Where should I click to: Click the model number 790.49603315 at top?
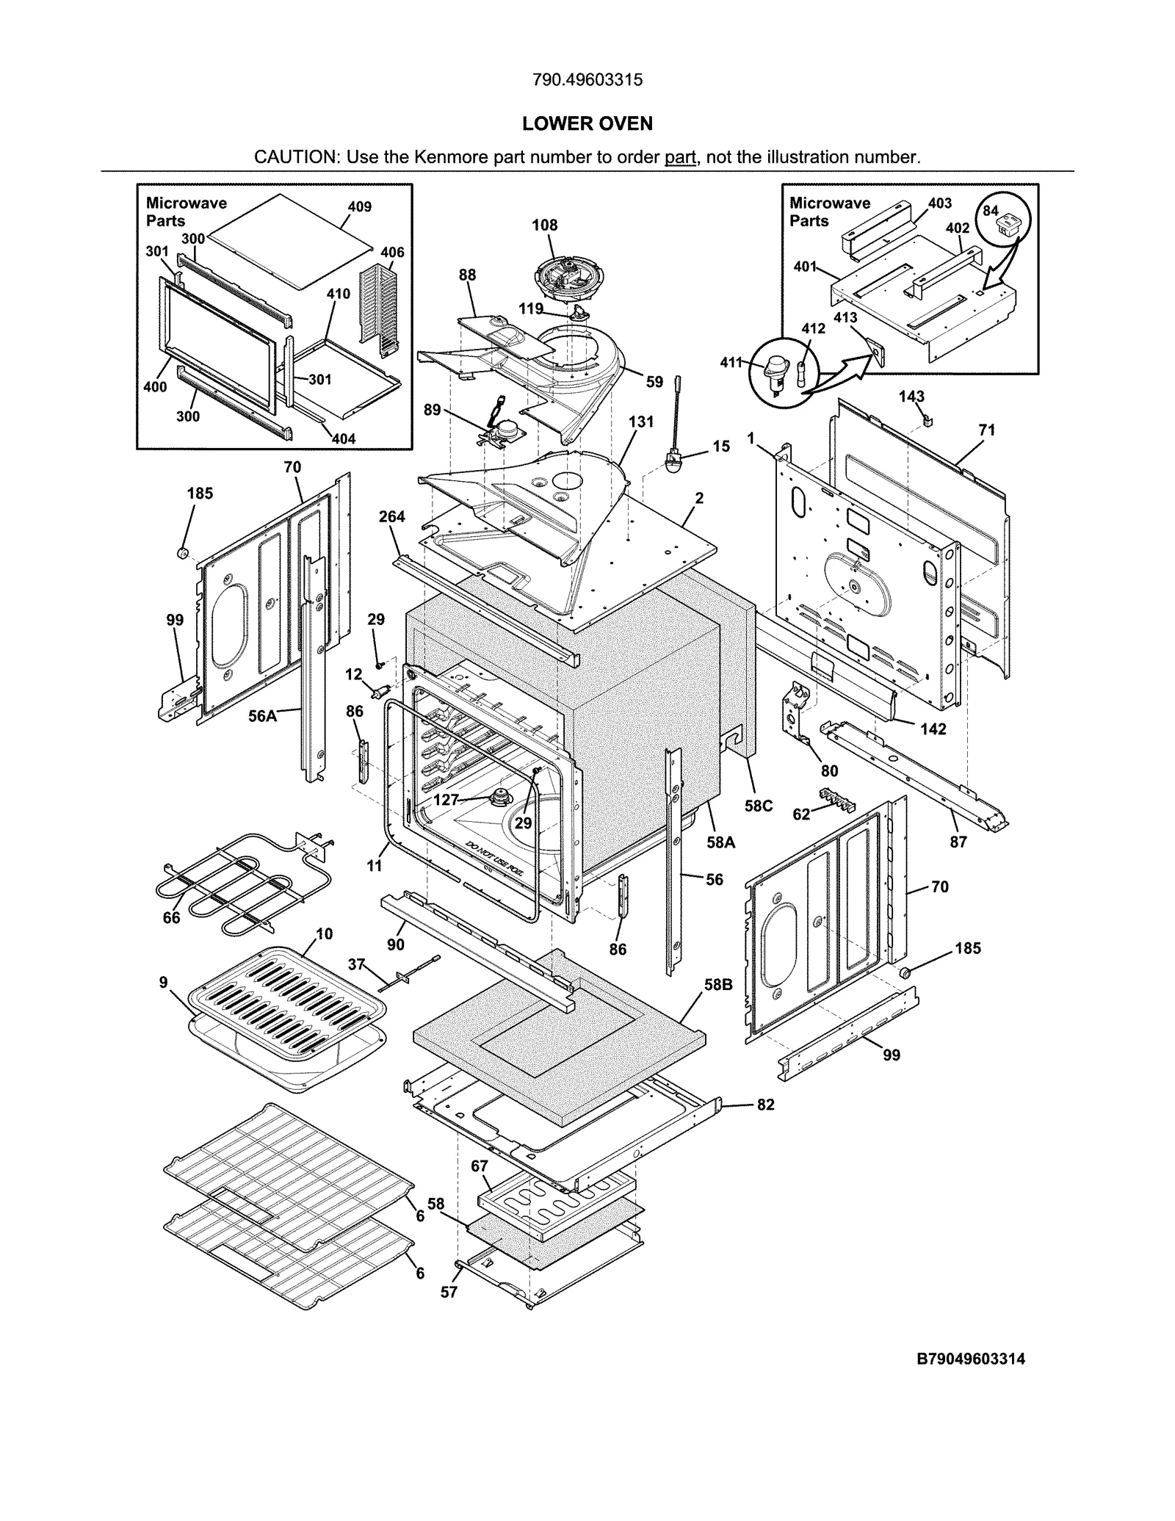[x=587, y=80]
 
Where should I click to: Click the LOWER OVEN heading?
[x=587, y=123]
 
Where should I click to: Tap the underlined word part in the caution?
[x=680, y=157]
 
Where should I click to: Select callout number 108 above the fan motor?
[x=545, y=225]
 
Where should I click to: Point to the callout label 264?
[x=391, y=516]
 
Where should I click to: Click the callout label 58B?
[x=717, y=985]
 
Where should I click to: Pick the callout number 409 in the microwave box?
[x=359, y=207]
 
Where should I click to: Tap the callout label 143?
[x=911, y=397]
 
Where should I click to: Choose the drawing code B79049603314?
[x=971, y=1359]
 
